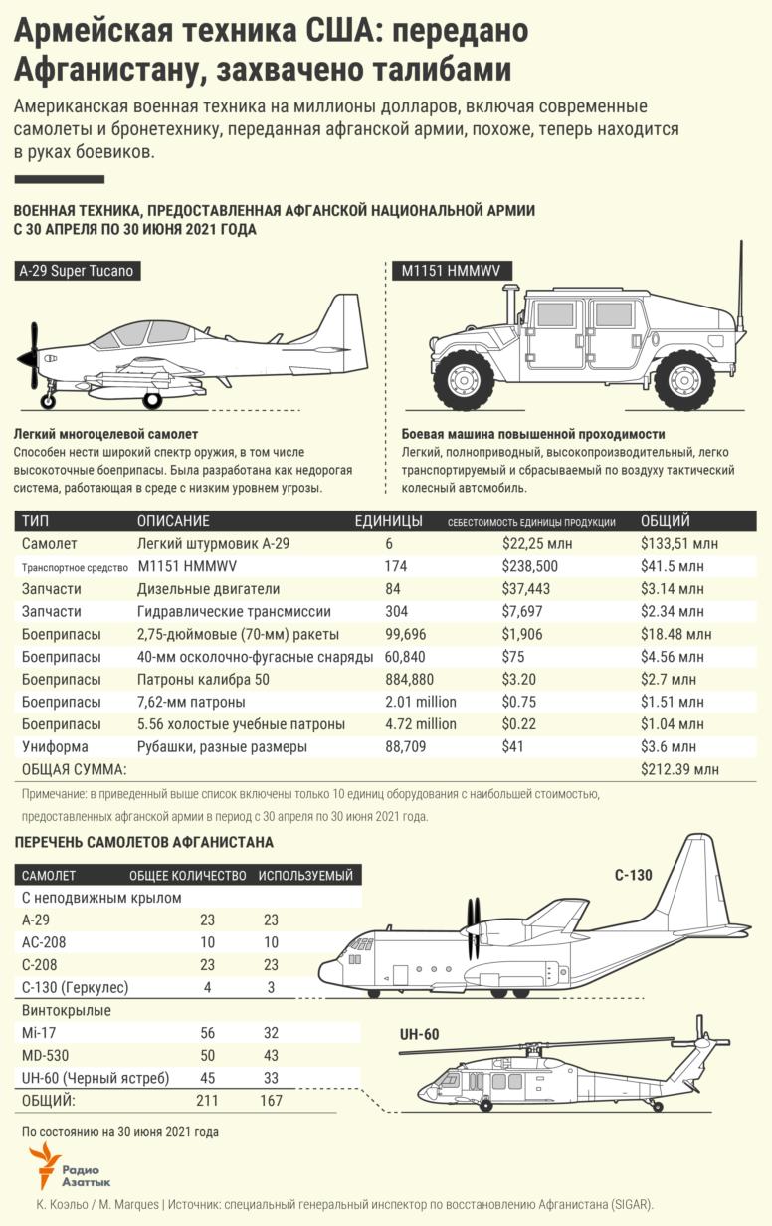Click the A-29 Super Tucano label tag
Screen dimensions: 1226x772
pos(75,271)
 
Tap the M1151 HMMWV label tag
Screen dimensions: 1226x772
pos(449,271)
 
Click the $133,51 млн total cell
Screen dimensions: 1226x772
pos(679,544)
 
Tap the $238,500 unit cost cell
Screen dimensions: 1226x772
pos(528,566)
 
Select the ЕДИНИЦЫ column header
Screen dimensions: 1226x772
pos(388,521)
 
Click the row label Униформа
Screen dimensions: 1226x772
pos(55,746)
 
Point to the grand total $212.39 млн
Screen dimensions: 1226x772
pos(679,769)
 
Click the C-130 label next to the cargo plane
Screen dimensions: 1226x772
pos(633,876)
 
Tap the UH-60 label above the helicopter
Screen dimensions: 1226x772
pos(418,1035)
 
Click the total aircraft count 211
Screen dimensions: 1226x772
pos(208,1101)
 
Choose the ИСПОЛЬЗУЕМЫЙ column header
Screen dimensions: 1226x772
pos(305,876)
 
